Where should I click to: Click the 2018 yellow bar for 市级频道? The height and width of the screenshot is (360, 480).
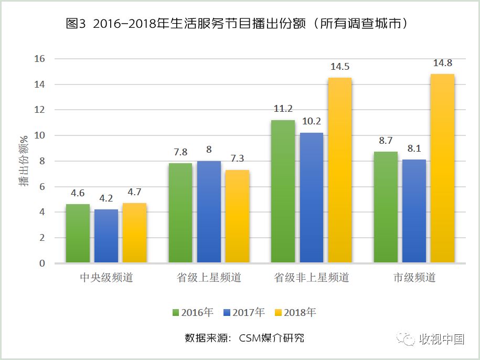[442, 168]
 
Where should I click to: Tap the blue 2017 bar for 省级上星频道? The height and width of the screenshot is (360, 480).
[209, 211]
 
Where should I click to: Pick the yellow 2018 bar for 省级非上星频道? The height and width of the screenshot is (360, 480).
[339, 170]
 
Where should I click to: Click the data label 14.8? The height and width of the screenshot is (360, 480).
[442, 63]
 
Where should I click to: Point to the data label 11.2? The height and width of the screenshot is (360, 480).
[283, 109]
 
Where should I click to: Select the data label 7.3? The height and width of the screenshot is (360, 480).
[237, 159]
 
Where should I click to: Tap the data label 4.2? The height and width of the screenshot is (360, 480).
[106, 198]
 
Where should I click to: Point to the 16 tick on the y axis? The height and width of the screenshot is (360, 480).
[40, 59]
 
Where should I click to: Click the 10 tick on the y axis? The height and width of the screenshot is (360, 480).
[40, 135]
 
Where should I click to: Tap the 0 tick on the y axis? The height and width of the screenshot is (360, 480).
[42, 263]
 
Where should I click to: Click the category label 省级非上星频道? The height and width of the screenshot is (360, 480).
[312, 278]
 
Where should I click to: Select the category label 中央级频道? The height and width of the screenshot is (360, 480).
[106, 278]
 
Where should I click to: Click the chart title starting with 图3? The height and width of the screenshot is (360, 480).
[237, 24]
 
